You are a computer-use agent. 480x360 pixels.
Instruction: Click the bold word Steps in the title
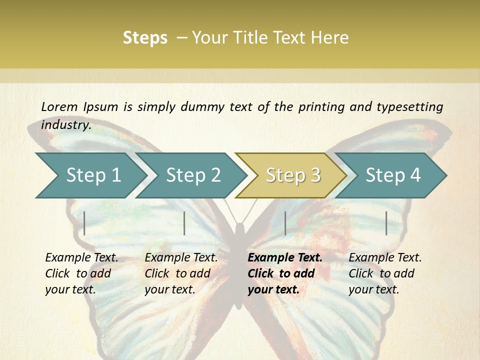pyautogui.click(x=145, y=38)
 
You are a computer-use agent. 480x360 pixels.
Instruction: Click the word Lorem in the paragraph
pyautogui.click(x=59, y=106)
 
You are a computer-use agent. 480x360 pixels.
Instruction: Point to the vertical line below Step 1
pyautogui.click(x=84, y=223)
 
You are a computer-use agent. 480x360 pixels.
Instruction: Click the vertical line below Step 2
pyautogui.click(x=184, y=223)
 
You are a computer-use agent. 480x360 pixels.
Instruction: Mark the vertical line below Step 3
pyautogui.click(x=285, y=223)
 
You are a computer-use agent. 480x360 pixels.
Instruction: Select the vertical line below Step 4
pyautogui.click(x=386, y=223)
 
